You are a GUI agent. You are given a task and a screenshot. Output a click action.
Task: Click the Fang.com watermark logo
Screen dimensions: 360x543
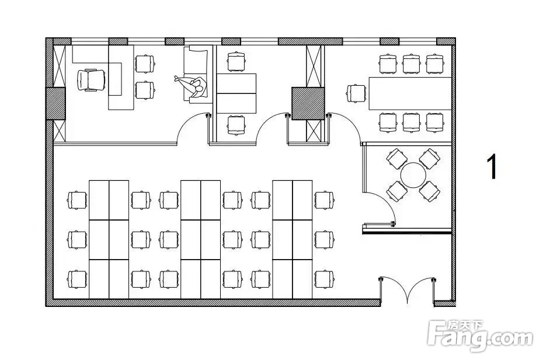480,336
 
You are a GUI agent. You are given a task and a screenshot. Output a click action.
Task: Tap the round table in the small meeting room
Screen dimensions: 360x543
413,174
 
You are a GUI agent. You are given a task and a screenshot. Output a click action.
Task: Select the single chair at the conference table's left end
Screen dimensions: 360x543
356,93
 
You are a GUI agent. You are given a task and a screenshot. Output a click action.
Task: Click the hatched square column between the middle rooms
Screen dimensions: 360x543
308,103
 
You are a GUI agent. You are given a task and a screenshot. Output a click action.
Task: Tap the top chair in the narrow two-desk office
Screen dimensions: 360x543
236,61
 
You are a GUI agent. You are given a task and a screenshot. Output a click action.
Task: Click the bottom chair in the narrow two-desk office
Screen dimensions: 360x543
236,125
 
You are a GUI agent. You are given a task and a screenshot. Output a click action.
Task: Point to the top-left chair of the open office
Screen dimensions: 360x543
77,200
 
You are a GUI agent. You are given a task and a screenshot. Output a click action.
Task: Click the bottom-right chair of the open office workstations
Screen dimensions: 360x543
323,278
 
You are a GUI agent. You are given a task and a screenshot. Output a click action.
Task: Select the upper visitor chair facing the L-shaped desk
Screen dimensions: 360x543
144,62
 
